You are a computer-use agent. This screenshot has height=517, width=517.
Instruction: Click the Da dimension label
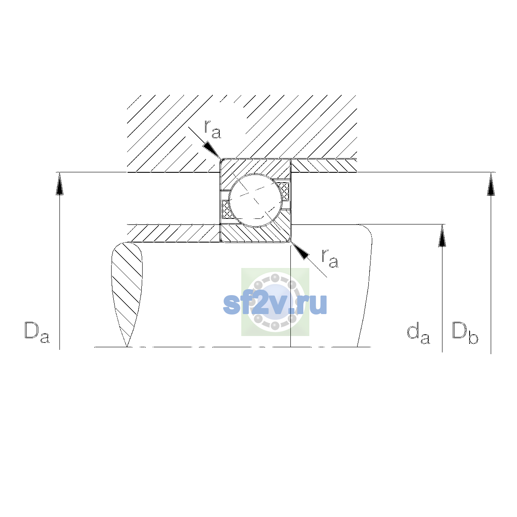[x=37, y=333]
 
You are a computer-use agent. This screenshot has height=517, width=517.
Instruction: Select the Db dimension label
[x=465, y=333]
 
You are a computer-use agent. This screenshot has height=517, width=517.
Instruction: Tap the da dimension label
[x=418, y=334]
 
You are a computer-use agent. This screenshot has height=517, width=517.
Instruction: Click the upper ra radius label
[x=212, y=129]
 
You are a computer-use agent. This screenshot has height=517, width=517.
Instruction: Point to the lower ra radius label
[x=330, y=258]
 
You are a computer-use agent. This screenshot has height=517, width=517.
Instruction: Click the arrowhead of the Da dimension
[x=59, y=184]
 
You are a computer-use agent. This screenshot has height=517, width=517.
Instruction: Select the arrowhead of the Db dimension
[x=491, y=184]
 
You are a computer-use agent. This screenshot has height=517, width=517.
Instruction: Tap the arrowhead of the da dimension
[x=442, y=236]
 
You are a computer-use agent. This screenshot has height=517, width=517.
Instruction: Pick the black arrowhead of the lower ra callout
[x=300, y=251]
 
